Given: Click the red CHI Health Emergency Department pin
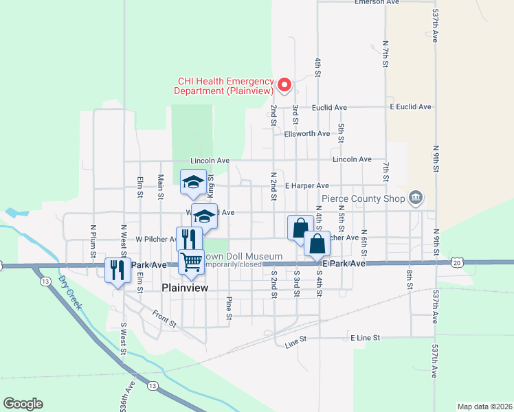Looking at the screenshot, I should coord(284,86).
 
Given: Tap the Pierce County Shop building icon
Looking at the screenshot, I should coord(416,198).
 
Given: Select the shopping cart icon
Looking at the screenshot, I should coord(191,261).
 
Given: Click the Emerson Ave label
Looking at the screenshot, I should coord(377,3).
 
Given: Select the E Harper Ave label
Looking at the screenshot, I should coord(306,185).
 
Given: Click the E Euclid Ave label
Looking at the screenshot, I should coord(410,107).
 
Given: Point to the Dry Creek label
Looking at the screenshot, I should coord(71,292).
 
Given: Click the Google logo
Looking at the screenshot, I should coord(23,403).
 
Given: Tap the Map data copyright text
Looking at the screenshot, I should coord(485,407).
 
